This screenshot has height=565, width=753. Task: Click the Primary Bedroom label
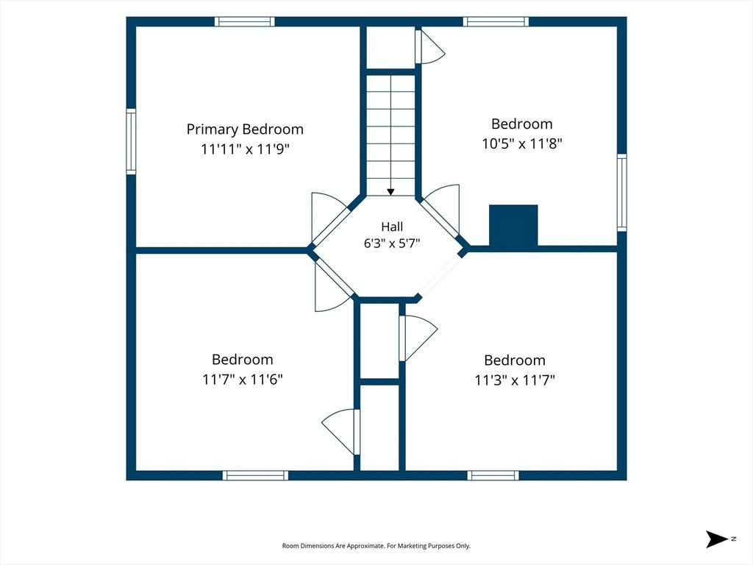pyautogui.click(x=245, y=129)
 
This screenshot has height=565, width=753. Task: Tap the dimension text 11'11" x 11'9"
pyautogui.click(x=245, y=149)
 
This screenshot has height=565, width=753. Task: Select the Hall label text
pyautogui.click(x=392, y=227)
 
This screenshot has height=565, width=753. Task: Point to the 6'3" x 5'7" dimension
pyautogui.click(x=392, y=244)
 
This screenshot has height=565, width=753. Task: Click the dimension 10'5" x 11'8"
pyautogui.click(x=522, y=143)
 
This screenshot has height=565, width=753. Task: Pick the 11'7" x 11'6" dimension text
pyautogui.click(x=243, y=379)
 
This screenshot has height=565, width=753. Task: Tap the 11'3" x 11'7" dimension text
pyautogui.click(x=515, y=380)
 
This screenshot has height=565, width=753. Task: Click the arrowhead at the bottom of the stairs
pyautogui.click(x=391, y=192)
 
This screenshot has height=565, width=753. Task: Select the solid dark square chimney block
pyautogui.click(x=513, y=225)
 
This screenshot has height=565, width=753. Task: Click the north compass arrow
pyautogui.click(x=716, y=539)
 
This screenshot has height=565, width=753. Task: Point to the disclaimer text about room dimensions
pyautogui.click(x=376, y=546)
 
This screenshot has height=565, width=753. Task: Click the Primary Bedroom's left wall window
pyautogui.click(x=131, y=141)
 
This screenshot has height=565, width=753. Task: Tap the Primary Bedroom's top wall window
pyautogui.click(x=244, y=21)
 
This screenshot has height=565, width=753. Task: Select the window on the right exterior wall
pyautogui.click(x=622, y=193)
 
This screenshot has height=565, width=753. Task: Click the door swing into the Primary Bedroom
pyautogui.click(x=329, y=218)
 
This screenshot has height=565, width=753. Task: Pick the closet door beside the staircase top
pyautogui.click(x=429, y=46)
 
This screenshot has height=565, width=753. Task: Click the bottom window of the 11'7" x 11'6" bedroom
pyautogui.click(x=255, y=475)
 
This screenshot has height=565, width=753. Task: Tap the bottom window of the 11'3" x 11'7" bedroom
pyautogui.click(x=493, y=475)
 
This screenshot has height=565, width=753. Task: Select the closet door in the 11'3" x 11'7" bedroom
pyautogui.click(x=418, y=338)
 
